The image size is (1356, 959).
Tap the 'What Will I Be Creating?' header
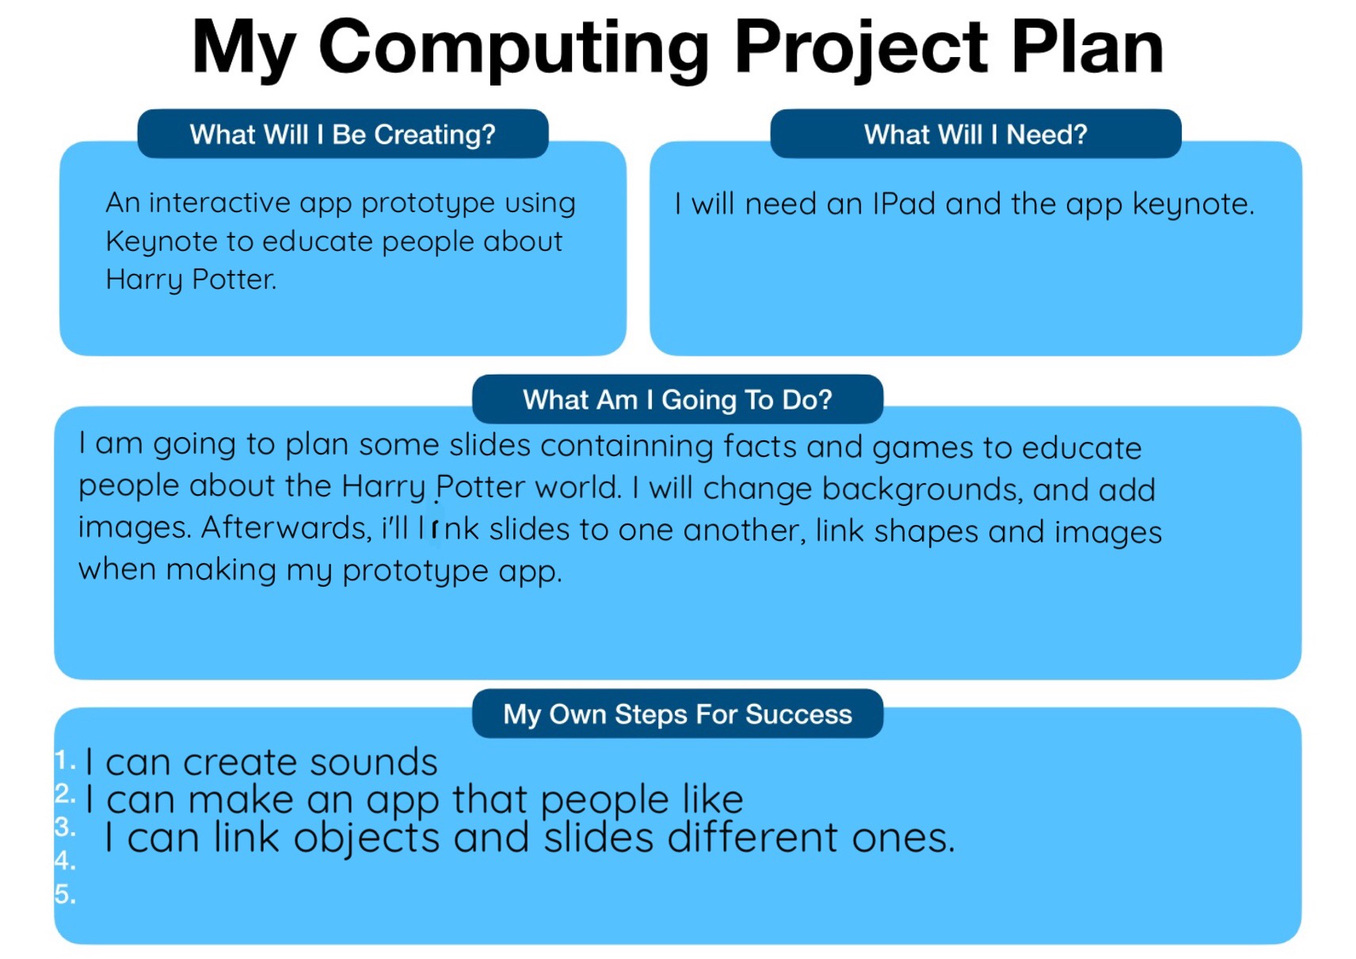click(343, 134)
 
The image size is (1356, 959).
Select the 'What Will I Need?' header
click(975, 134)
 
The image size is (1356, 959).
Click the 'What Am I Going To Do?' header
click(677, 400)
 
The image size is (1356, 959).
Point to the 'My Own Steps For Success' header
click(677, 714)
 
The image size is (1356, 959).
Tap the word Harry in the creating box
click(143, 280)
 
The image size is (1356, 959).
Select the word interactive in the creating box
click(219, 203)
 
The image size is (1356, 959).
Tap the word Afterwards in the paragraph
click(285, 527)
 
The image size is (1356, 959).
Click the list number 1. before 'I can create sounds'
click(65, 759)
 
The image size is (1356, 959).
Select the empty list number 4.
click(65, 860)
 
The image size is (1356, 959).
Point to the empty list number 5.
click(65, 894)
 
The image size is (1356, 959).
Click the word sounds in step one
click(374, 763)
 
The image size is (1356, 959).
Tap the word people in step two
click(604, 801)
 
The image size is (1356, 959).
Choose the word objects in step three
click(366, 839)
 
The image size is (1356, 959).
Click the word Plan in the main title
click(1087, 48)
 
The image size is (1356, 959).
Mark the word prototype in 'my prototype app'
click(415, 571)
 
